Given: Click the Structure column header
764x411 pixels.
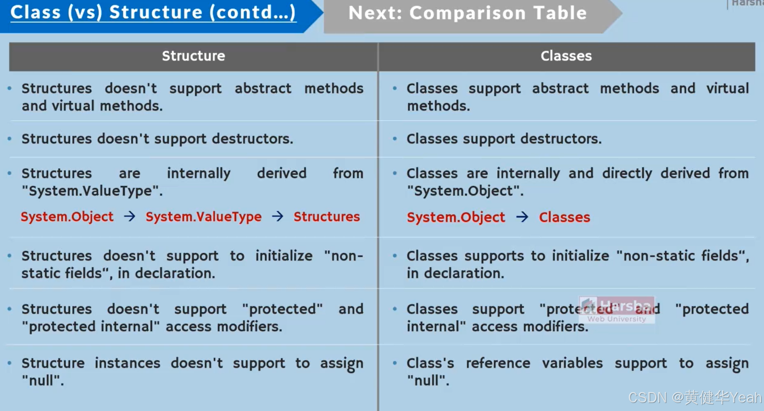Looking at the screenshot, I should click(193, 56).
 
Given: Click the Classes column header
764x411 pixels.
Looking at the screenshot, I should click(566, 56).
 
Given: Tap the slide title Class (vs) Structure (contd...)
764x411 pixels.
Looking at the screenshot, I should click(153, 13).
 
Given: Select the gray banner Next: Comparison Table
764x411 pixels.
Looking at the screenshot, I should click(467, 14).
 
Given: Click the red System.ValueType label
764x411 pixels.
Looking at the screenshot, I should click(203, 217).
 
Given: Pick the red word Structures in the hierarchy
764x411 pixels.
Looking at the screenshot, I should click(326, 217).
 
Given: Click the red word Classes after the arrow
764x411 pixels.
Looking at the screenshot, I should click(564, 217).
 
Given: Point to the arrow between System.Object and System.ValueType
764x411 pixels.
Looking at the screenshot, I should click(130, 217).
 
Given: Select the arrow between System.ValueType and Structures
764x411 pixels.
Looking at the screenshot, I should click(278, 217).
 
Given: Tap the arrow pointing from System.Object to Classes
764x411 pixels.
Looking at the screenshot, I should click(522, 217).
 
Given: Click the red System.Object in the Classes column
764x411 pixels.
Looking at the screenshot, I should click(456, 217).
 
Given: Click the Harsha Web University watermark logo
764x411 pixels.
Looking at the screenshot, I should click(616, 310).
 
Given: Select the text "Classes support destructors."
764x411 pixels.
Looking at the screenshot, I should click(504, 139).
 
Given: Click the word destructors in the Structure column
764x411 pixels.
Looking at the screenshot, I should click(252, 139).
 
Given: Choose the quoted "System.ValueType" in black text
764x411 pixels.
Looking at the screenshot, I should click(92, 191).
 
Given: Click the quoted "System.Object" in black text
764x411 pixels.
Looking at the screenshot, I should click(465, 191).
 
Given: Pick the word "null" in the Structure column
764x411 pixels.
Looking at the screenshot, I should click(43, 380).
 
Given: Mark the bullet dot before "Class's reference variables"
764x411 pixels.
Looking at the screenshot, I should click(395, 363).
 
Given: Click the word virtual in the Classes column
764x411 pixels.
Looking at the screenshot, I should click(727, 88).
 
